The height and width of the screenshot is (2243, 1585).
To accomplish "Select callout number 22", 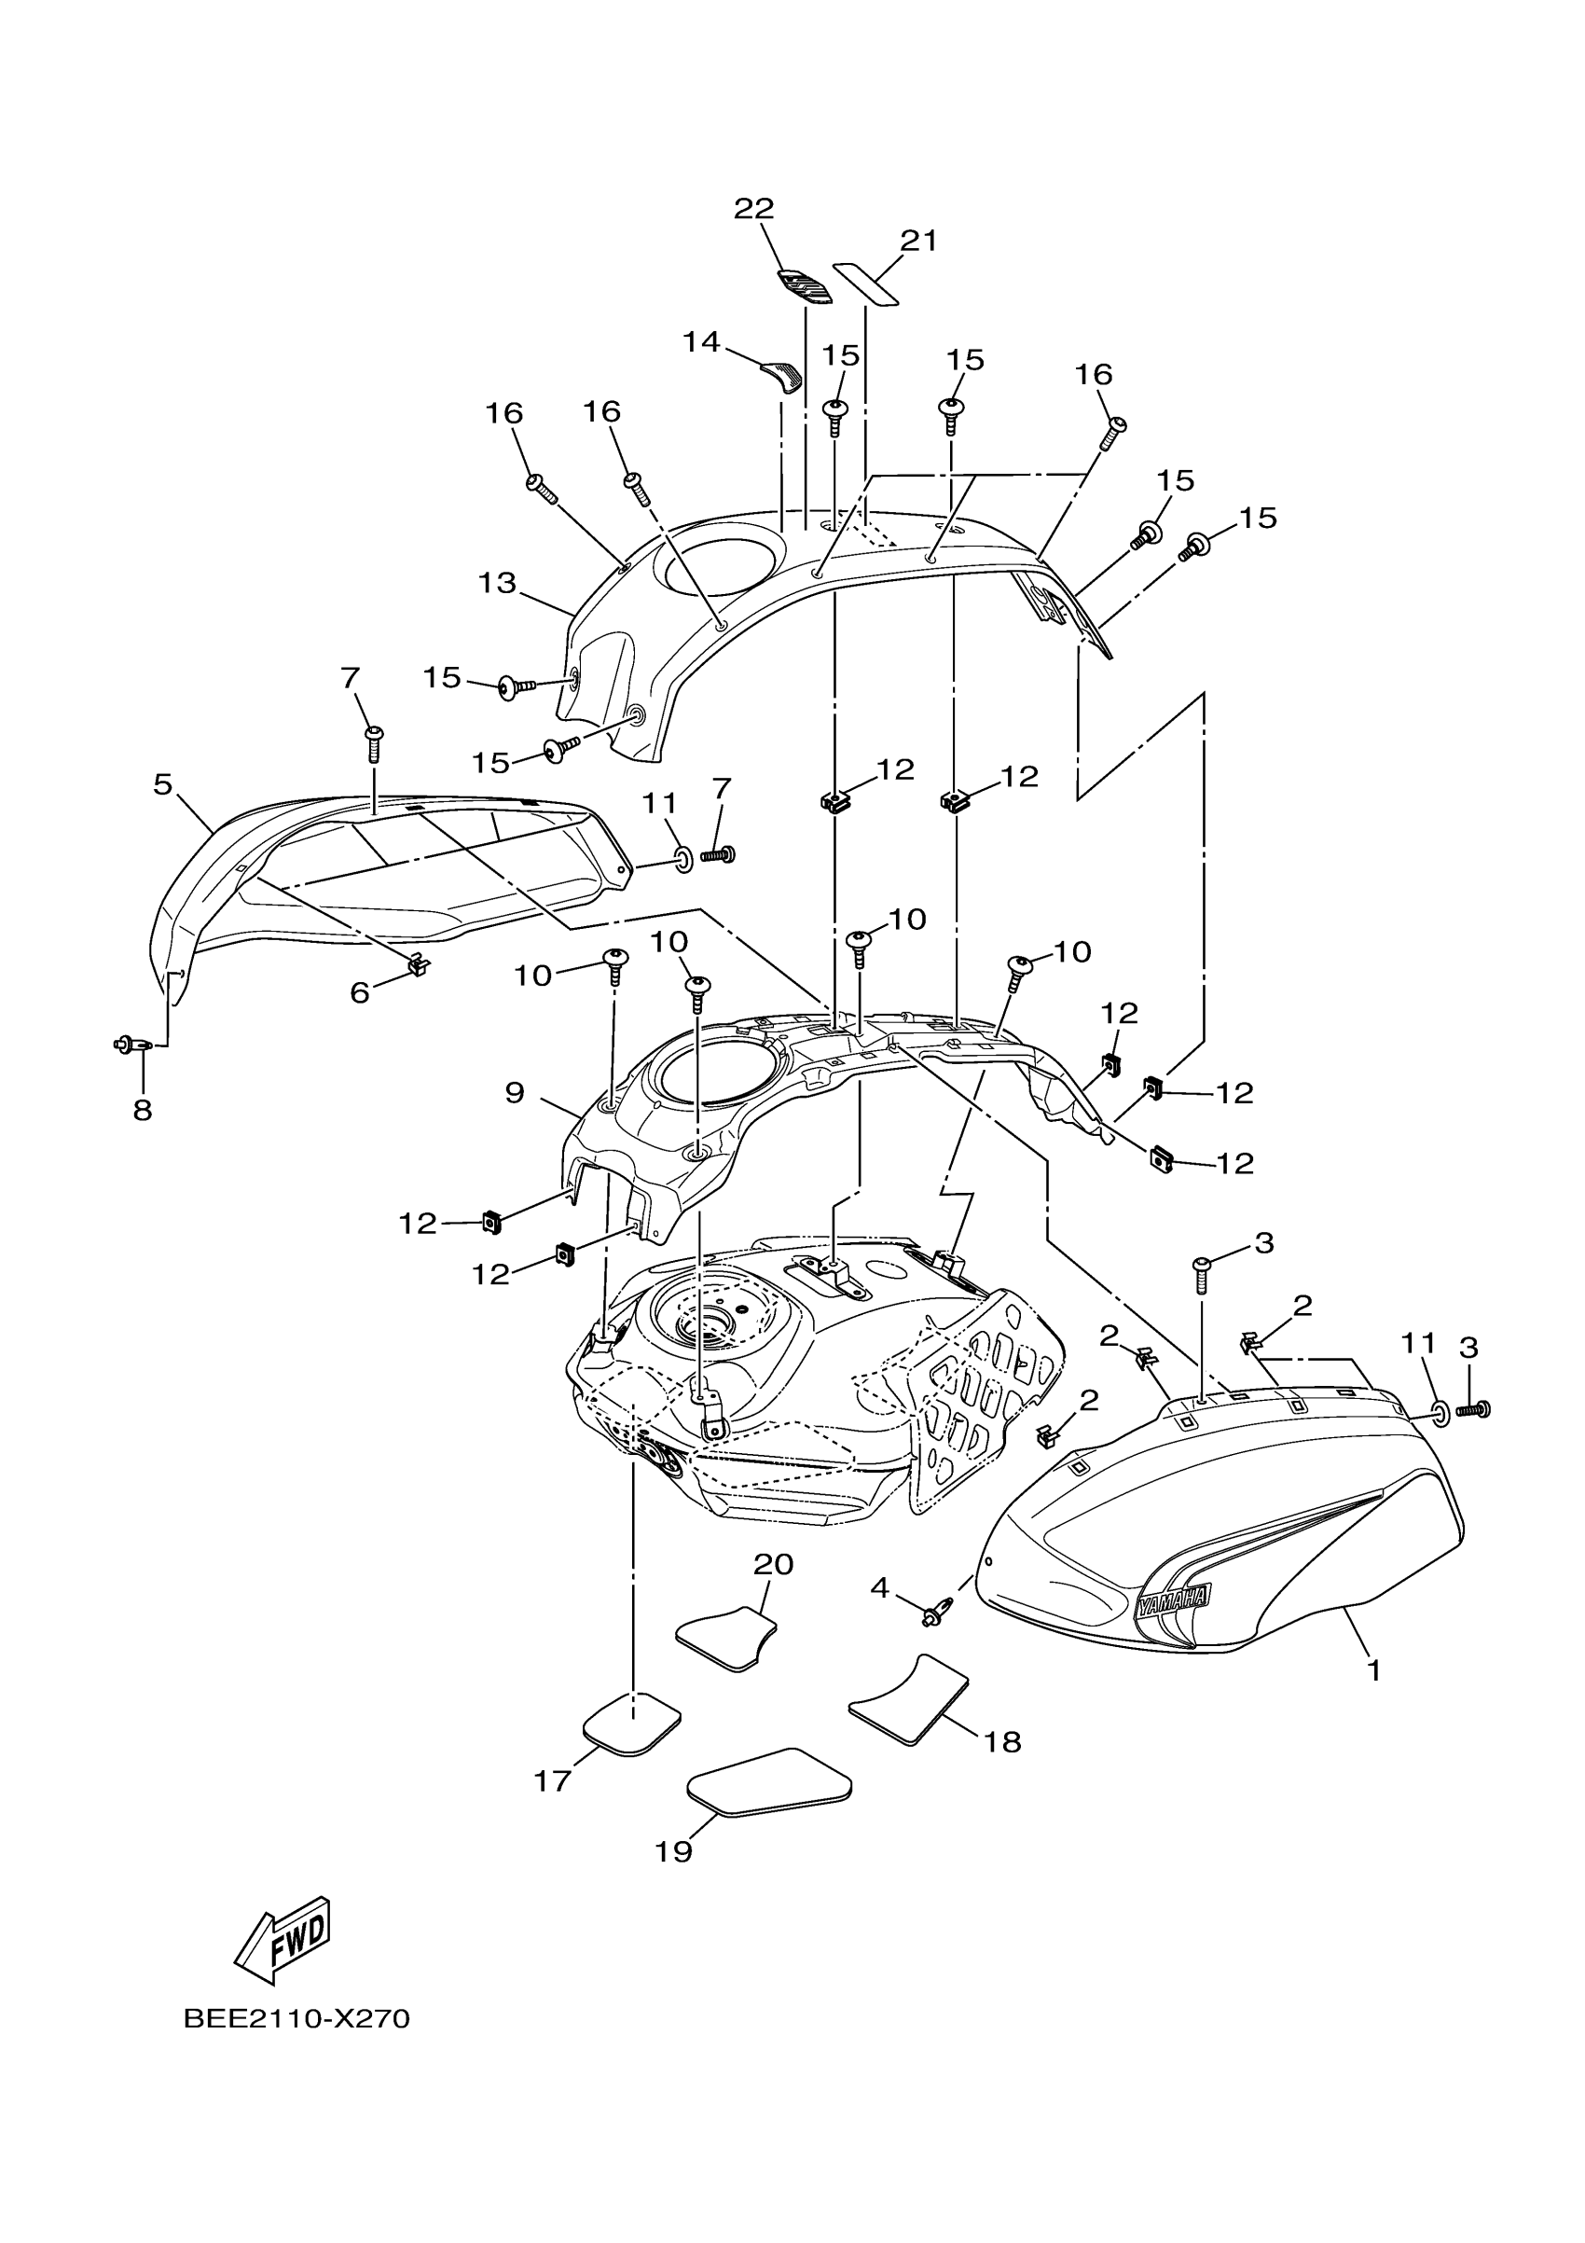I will pyautogui.click(x=754, y=208).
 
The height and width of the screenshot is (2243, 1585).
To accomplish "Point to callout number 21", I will pyautogui.click(x=918, y=241).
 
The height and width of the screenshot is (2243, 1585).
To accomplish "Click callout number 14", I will pyautogui.click(x=701, y=342).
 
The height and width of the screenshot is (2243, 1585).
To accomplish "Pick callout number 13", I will pyautogui.click(x=497, y=583).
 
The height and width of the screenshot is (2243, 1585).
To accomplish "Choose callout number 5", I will pyautogui.click(x=162, y=783).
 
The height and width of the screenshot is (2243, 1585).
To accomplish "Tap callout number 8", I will pyautogui.click(x=143, y=1110).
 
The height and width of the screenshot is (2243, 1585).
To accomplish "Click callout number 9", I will pyautogui.click(x=515, y=1092).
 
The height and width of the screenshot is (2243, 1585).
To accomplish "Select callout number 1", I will pyautogui.click(x=1374, y=1670).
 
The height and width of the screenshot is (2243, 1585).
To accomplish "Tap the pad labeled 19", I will pyautogui.click(x=768, y=1782).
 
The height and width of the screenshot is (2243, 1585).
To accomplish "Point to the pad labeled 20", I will pyautogui.click(x=726, y=1640).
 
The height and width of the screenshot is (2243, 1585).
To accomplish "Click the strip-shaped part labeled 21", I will pyautogui.click(x=865, y=284).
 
